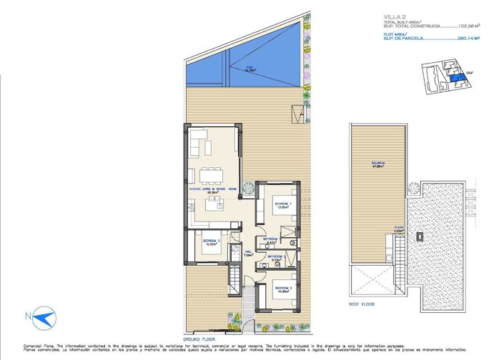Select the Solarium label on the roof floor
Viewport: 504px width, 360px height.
pyautogui.click(x=377, y=164)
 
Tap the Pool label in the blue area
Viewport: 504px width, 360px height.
pyautogui.click(x=250, y=70)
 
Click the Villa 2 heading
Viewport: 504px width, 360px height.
pyautogui.click(x=391, y=15)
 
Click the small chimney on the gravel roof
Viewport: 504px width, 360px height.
pyautogui.click(x=421, y=235)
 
